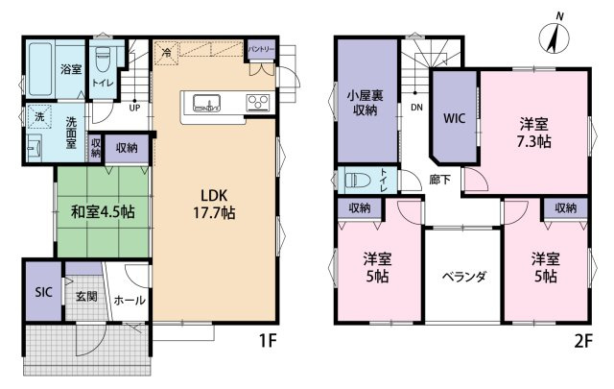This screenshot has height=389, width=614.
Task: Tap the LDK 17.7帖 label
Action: coord(214,204)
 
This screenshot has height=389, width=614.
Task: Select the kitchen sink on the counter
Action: coord(206,104)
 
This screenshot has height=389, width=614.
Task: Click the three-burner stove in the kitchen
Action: coord(258,103)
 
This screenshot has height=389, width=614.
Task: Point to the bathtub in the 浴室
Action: coord(40,69)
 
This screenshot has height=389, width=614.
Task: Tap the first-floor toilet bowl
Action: coord(104,59)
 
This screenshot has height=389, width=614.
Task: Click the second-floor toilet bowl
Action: coord(358,181)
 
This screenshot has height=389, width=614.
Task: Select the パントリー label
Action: coord(262,50)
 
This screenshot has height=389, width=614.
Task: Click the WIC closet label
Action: coord(454,118)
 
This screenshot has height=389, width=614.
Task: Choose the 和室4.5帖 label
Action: coord(103,211)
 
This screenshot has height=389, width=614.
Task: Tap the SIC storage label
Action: coord(43,292)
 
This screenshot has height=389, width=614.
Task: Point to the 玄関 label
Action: coord(86,297)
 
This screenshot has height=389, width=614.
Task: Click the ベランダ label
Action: coord(463,277)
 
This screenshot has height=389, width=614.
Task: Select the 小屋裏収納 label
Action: coord(365,103)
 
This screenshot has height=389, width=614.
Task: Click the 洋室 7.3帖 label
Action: coord(533,133)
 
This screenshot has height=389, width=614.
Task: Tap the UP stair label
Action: coord(134,108)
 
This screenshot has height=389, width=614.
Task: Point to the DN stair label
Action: coord(416,107)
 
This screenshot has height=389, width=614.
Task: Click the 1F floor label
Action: coord(268,341)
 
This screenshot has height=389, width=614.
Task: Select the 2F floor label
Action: coord(583,341)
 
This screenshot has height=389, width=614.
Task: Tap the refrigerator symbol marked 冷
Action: coord(167,53)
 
